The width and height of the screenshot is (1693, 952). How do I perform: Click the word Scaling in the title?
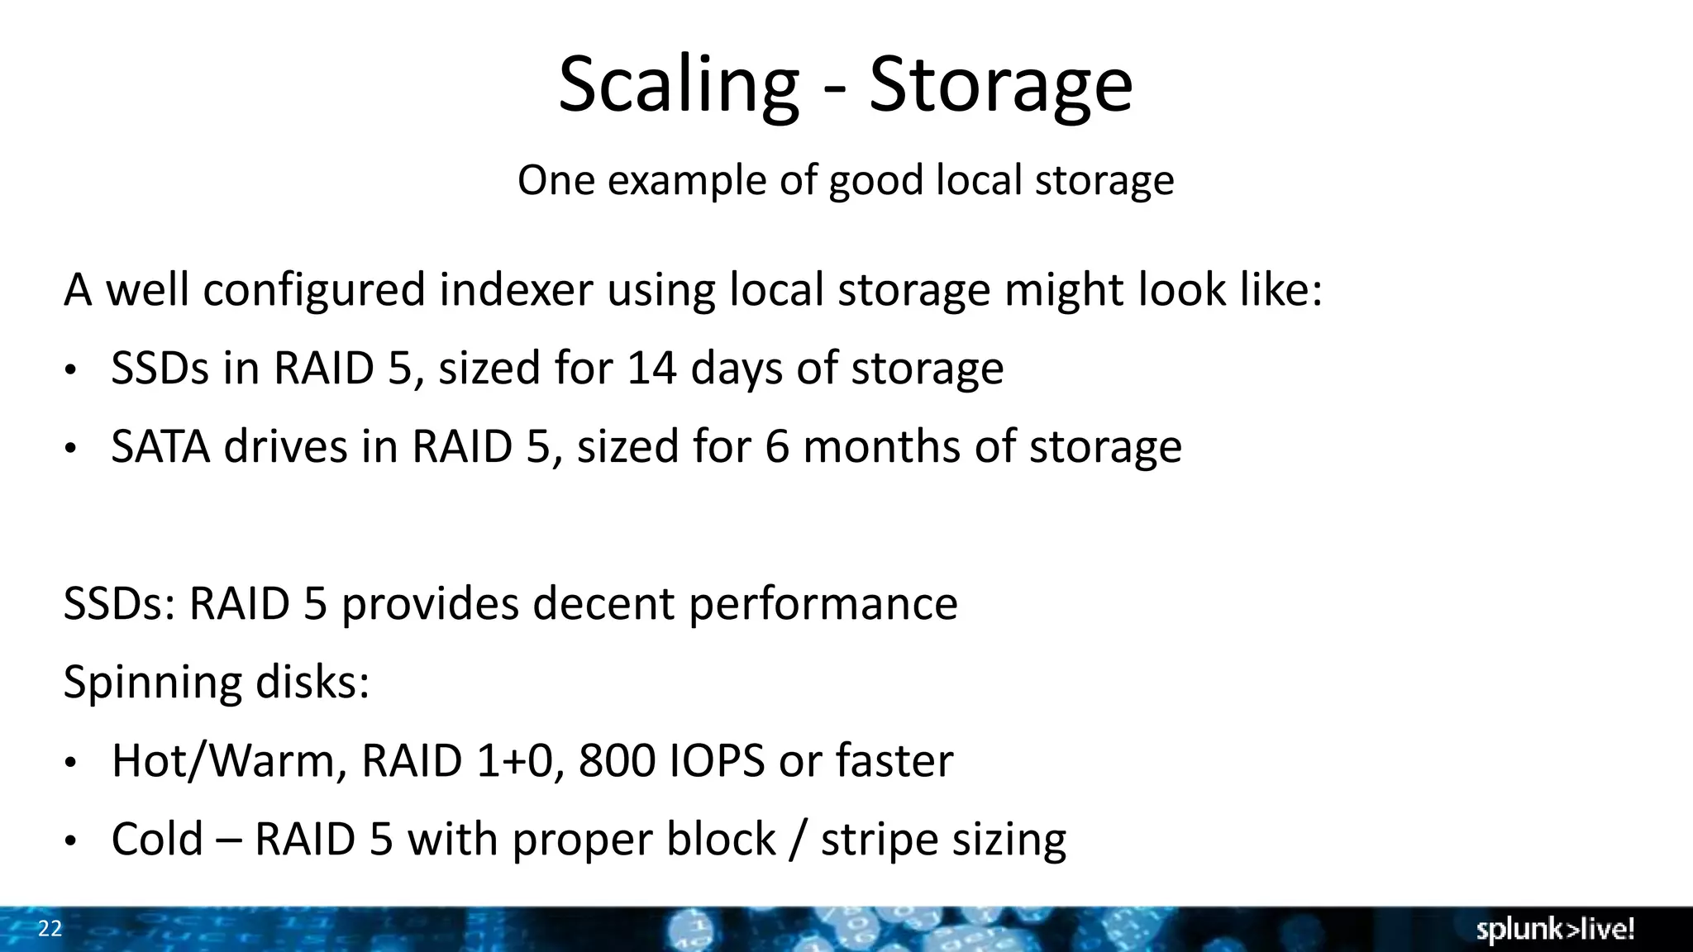click(x=678, y=86)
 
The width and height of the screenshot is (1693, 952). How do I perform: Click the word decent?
click(x=603, y=604)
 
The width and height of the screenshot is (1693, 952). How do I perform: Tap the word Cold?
click(x=157, y=840)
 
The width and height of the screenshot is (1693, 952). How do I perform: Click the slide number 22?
click(x=50, y=929)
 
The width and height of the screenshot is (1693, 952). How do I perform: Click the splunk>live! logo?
click(x=1555, y=930)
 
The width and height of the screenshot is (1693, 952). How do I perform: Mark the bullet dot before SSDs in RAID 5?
click(x=71, y=371)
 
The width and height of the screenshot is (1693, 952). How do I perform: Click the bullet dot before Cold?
click(x=71, y=842)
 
